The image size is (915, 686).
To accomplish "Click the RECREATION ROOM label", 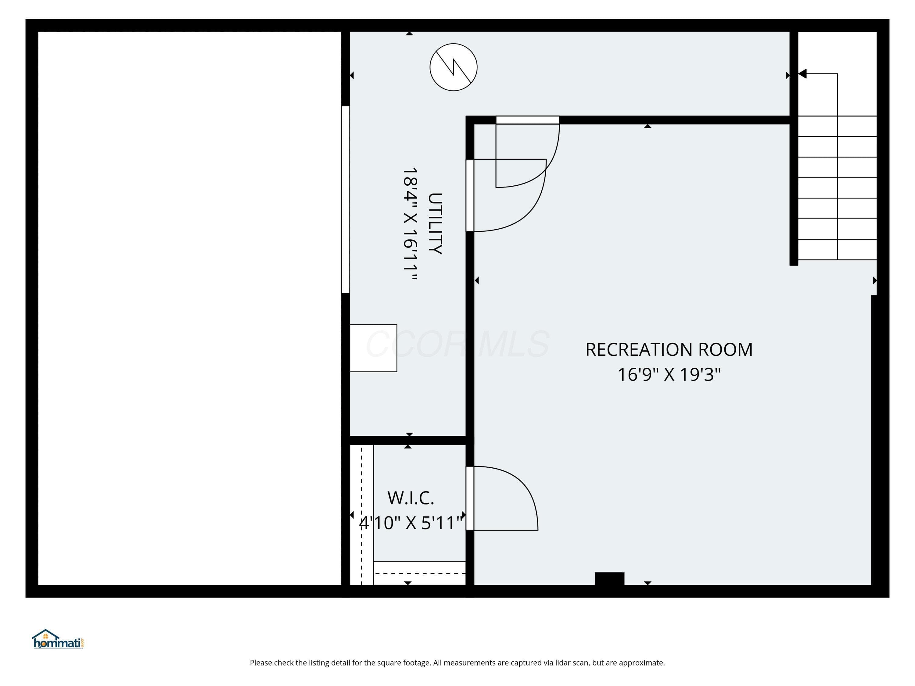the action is pos(669,349).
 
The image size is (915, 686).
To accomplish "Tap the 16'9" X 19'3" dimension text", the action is pos(669,375).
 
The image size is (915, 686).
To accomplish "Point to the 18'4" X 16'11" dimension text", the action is pos(410,224).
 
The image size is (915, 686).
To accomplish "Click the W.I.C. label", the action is pos(411,498).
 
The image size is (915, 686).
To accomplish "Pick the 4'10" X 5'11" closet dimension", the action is pos(411,523).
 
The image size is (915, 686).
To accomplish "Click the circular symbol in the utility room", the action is pos(453,67).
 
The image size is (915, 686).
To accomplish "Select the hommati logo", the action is pos(58,639).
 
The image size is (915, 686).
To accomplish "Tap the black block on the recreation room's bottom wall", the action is pos(609,578).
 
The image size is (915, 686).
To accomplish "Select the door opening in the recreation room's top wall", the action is pos(527,120).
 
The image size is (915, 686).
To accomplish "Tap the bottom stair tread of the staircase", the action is pos(837,250).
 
